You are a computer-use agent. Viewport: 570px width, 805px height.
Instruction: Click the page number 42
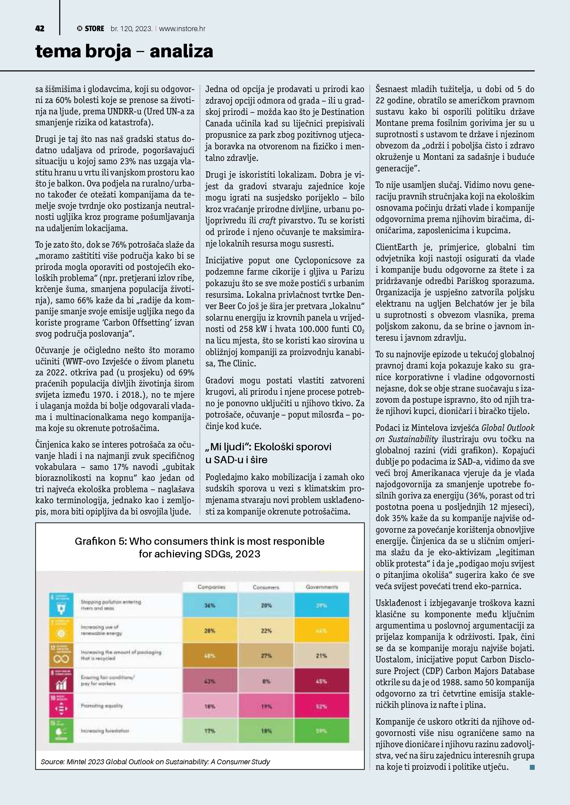[x=40, y=29]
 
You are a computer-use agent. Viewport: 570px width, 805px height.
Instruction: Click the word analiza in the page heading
[x=181, y=51]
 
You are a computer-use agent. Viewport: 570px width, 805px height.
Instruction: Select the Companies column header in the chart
[x=211, y=587]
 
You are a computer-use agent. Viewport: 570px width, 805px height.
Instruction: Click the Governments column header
[x=322, y=587]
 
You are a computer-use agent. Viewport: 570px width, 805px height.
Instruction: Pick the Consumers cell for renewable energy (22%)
[x=266, y=631]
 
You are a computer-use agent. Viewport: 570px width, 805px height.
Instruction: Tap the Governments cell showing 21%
[x=322, y=656]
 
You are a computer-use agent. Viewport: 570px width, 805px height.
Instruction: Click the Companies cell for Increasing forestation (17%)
[x=210, y=731]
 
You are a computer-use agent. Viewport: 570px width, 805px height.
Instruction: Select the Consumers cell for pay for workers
[x=266, y=681]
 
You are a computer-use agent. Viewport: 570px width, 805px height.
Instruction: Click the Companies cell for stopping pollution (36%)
[x=210, y=606]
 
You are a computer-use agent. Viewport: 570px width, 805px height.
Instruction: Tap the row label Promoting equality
[x=102, y=706]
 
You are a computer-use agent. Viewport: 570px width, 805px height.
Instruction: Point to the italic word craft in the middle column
[x=267, y=221]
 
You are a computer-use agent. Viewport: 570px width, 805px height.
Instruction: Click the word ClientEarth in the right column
[x=396, y=247]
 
